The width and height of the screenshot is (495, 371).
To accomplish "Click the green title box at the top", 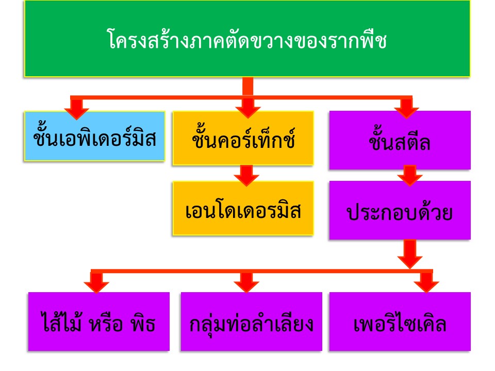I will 247,39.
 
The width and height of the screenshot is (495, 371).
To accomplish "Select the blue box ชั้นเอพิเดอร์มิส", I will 94,137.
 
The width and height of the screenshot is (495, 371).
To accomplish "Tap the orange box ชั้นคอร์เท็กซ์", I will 243,138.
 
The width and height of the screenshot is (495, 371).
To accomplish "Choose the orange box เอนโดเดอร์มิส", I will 243,209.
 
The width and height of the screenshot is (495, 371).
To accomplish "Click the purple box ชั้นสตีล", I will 400,140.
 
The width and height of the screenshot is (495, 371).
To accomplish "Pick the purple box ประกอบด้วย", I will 400,210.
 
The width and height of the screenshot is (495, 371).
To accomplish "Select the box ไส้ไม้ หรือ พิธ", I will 98,322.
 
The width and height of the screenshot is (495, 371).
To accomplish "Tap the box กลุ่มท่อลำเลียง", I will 251,322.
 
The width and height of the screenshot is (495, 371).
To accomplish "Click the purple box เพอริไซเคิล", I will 400,322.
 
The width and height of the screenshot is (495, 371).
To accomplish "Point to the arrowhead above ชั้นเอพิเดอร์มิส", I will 77,110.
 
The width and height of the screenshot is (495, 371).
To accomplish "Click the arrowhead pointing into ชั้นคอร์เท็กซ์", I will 248,109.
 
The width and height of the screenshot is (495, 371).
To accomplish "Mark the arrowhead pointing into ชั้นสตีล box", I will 407,109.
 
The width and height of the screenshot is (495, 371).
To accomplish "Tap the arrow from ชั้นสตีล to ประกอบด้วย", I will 410,175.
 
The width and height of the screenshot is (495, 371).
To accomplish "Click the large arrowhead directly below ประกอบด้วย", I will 410,257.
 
